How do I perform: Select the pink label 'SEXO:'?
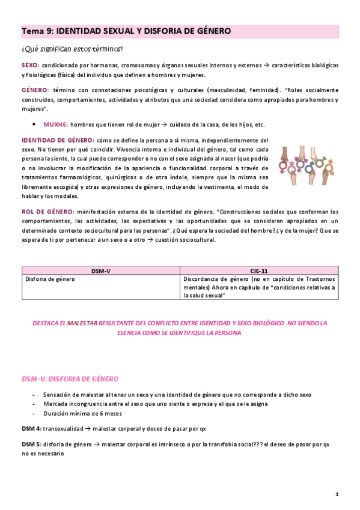pos(31,65)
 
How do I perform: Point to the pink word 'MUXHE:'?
pos(56,124)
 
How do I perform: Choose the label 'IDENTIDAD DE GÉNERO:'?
pos(57,140)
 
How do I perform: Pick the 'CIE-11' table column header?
pos(259,271)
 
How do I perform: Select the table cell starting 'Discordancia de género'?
pos(259,287)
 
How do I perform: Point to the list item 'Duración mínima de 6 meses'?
pos(82,414)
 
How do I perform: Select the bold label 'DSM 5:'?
pos(32,444)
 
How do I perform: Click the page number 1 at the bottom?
pos(337,494)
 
